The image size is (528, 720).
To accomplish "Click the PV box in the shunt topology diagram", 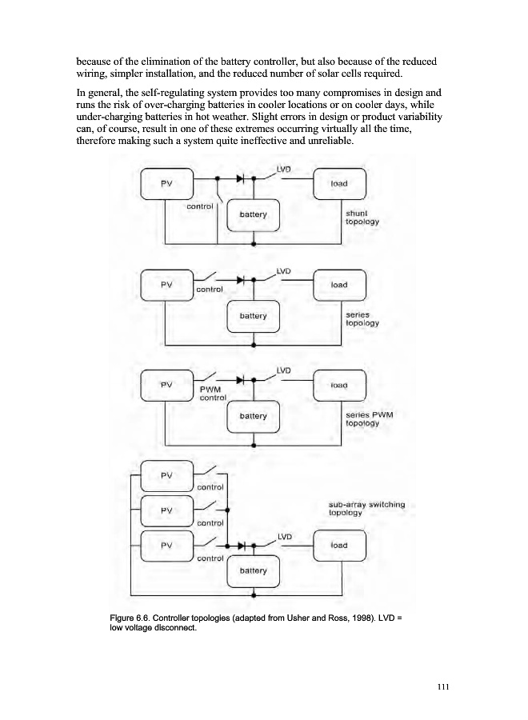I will coord(166,183).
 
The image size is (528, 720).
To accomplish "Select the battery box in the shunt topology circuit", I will coord(253,215).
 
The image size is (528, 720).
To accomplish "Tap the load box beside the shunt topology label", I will coord(339,183).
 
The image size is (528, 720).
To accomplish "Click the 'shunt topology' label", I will coord(361,218).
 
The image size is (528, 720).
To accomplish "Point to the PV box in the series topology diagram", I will coord(166,284).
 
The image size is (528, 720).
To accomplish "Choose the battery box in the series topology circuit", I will coord(253,316).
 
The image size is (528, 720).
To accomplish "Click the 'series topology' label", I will coord(361,318).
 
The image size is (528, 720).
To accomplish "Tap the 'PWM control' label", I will coord(213,394).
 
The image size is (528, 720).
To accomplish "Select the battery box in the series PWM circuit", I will coord(253,416).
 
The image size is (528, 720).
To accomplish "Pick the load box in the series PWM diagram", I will coord(339,384).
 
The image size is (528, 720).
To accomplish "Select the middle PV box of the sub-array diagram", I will coord(166,510).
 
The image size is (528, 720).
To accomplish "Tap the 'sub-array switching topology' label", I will coord(366,509).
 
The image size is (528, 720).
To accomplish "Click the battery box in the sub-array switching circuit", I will coord(253,571).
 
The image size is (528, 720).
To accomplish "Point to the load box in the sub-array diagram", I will coord(339,546).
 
